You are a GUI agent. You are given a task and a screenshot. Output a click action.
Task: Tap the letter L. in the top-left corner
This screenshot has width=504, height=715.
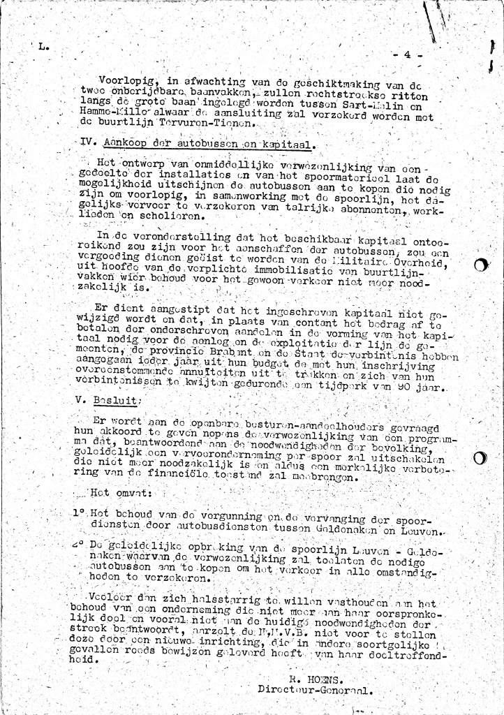[x=44, y=48]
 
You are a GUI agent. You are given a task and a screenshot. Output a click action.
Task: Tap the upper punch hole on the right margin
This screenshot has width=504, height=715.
[x=480, y=265]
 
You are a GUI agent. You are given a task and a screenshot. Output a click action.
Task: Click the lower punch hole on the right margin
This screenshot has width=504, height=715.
[x=480, y=459]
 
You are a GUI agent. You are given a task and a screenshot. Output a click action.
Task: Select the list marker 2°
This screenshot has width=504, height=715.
[x=78, y=543]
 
